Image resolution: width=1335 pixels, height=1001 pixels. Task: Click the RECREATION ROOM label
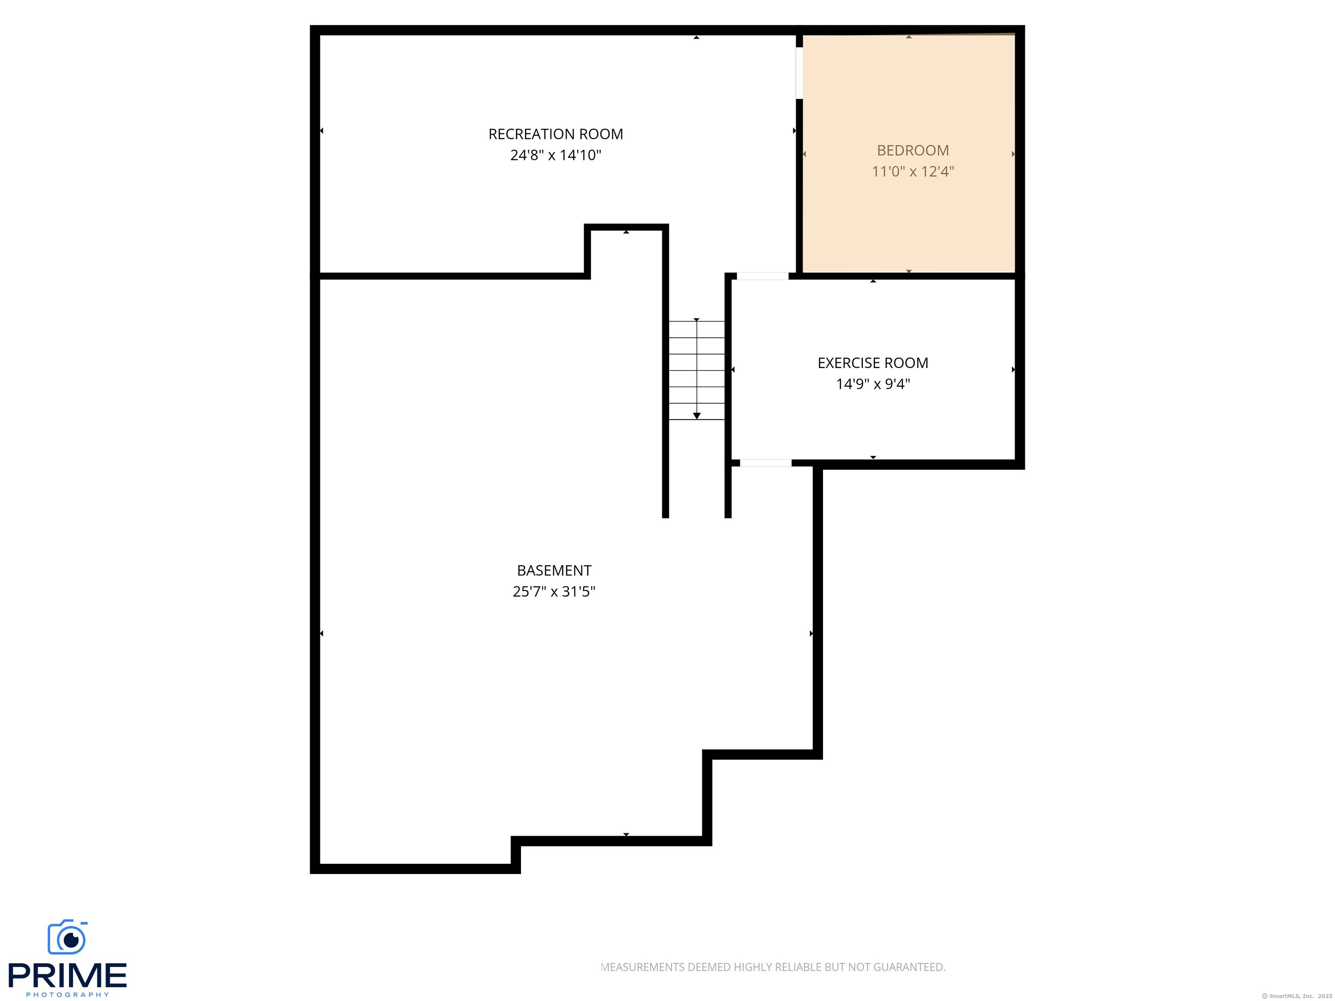(x=555, y=134)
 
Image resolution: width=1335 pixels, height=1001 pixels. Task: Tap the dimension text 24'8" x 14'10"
(x=555, y=155)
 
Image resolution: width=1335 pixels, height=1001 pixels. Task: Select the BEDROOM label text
(x=913, y=150)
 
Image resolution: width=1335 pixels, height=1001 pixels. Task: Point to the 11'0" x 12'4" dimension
(x=913, y=171)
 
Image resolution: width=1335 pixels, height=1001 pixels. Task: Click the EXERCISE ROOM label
(x=873, y=363)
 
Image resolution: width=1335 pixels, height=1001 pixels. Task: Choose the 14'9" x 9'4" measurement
(x=873, y=384)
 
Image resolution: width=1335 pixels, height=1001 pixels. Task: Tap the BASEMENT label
(x=554, y=570)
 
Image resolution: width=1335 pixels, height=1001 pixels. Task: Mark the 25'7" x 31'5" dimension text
(x=554, y=591)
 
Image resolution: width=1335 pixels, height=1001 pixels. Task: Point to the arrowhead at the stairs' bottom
(x=697, y=416)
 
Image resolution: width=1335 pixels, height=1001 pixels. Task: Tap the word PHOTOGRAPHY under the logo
(x=67, y=994)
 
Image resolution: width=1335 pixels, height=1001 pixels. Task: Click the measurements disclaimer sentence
(x=773, y=967)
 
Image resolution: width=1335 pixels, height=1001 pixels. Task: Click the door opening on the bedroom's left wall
(x=799, y=73)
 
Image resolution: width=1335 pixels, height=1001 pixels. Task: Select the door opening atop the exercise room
(x=762, y=276)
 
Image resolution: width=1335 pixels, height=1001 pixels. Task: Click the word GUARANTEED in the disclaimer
(x=909, y=967)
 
